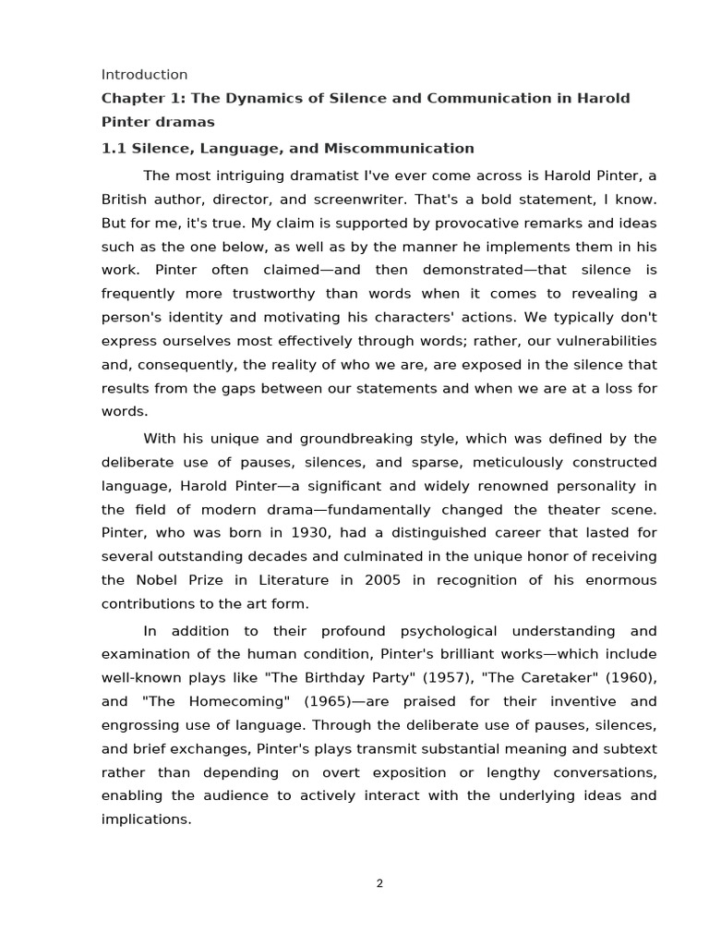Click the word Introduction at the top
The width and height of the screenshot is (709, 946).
pyautogui.click(x=144, y=75)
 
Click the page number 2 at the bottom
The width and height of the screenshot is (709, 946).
pyautogui.click(x=379, y=883)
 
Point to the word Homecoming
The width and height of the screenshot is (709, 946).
pyautogui.click(x=238, y=701)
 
